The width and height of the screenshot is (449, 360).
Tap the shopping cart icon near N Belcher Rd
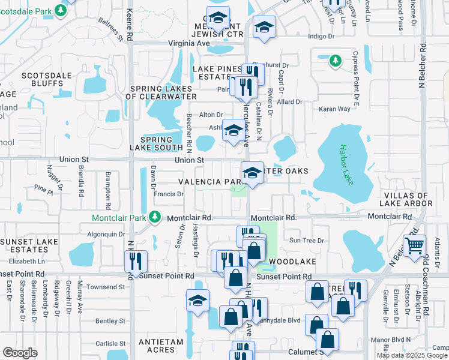pos(414,246)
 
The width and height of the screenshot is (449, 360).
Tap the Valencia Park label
pos(209,181)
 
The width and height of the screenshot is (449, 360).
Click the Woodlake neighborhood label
pos(292,262)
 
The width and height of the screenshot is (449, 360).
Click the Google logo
pos(20,352)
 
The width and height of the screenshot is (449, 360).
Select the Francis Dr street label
pos(168,194)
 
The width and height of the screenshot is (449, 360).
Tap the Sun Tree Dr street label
pos(307,240)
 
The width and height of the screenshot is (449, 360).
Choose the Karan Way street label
pos(351,109)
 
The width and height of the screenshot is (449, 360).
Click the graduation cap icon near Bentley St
pos(197,302)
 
